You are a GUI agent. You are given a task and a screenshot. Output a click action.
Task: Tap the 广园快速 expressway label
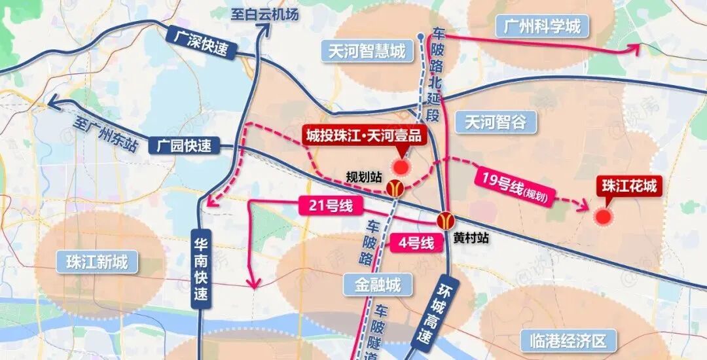coord(185,146)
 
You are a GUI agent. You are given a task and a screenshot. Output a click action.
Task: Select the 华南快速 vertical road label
coord(202,268)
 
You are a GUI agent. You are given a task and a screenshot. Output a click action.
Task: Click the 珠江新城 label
coord(97,263)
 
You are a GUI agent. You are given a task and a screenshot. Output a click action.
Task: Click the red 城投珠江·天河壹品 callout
coord(364,135)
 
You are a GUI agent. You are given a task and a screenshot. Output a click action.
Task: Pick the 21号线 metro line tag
coord(331,207)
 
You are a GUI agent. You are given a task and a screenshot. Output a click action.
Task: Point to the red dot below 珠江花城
coord(604,217)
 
